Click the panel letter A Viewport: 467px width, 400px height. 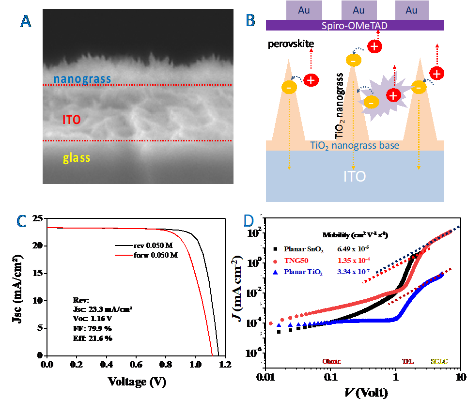point(26,22)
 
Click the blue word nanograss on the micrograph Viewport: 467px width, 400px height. point(82,78)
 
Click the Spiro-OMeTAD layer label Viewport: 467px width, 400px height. point(354,25)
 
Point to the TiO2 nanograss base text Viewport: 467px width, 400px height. point(354,146)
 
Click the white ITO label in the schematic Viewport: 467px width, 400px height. point(354,176)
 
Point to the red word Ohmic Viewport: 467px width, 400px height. point(332,361)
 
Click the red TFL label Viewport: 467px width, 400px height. point(408,361)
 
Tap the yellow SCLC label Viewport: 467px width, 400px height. point(439,361)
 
